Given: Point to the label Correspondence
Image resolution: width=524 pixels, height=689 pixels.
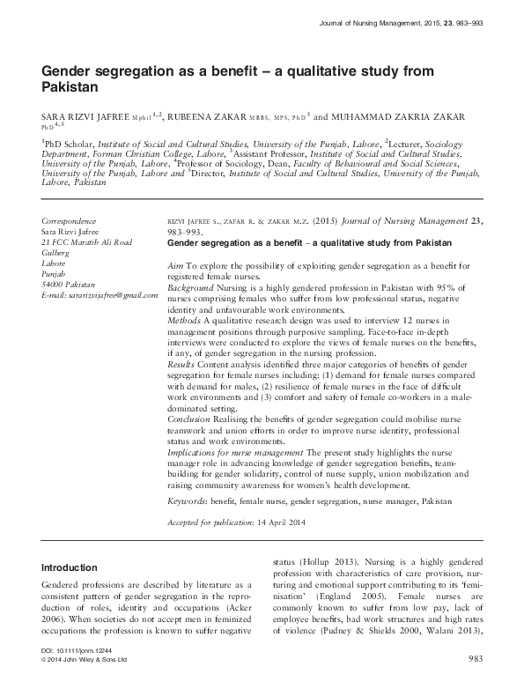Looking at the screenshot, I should [x=70, y=220].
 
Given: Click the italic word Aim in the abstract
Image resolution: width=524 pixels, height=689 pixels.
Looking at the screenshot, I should [x=174, y=264].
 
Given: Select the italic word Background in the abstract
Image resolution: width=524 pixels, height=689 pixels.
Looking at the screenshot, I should [x=191, y=287].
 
